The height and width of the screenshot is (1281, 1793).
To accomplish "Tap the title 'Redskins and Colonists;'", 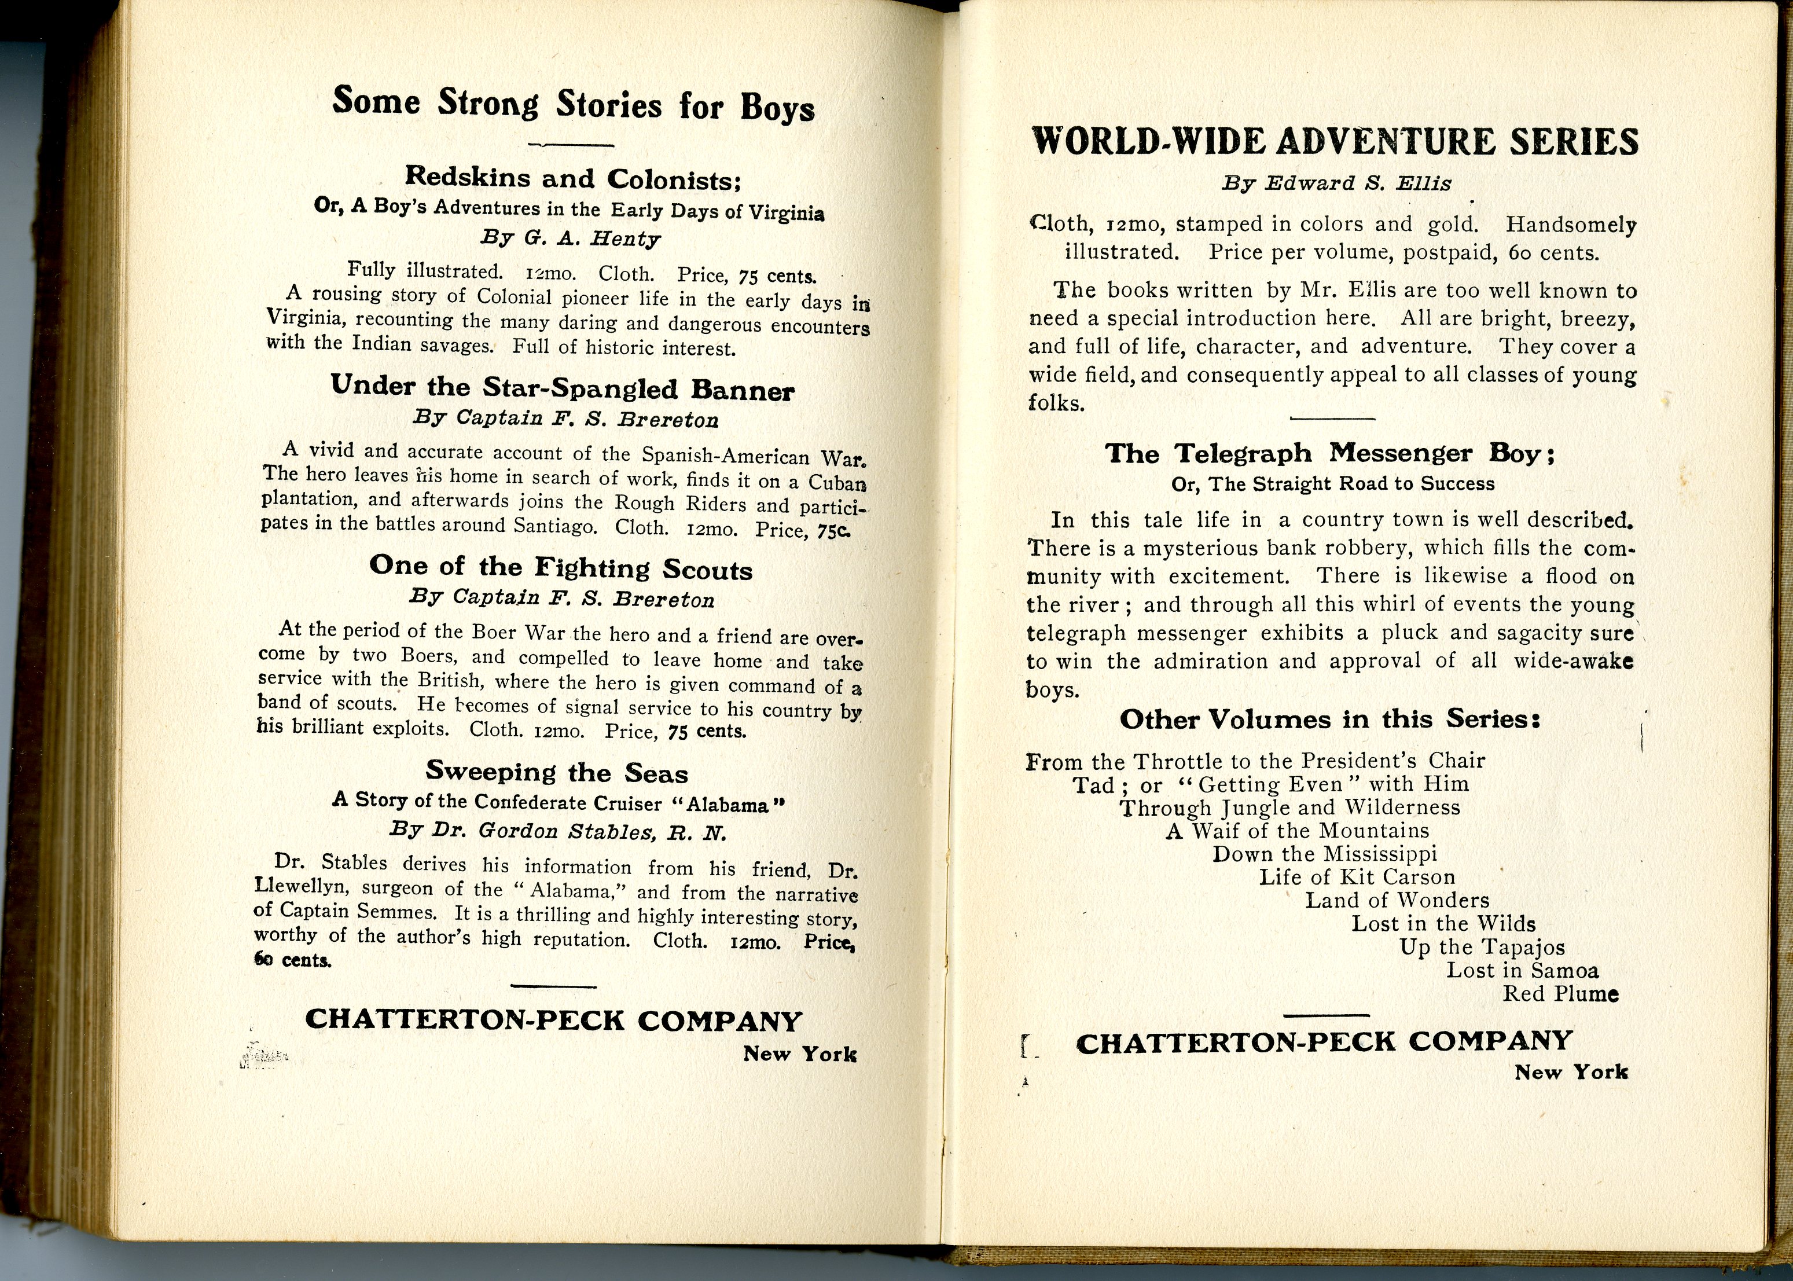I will [x=573, y=178].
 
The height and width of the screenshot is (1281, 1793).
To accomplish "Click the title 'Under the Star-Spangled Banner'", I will [x=562, y=387].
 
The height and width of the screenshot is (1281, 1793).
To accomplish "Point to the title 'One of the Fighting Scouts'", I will [x=561, y=568].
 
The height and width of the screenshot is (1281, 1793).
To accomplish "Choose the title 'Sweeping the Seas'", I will [x=557, y=772].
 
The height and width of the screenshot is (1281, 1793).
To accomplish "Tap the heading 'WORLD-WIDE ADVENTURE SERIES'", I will [x=1335, y=142].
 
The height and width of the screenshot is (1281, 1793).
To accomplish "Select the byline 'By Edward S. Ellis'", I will [x=1336, y=183].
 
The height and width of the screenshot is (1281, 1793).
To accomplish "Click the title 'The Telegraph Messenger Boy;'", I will [x=1329, y=454].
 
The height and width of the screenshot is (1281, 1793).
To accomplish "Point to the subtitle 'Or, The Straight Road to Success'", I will [x=1332, y=483].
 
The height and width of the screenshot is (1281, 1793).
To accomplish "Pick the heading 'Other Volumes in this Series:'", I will [x=1330, y=720].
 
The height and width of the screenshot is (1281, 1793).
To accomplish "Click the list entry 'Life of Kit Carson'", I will [x=1356, y=877].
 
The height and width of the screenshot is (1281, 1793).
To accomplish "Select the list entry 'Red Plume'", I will [x=1560, y=993].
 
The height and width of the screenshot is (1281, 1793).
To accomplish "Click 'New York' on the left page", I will [x=799, y=1054].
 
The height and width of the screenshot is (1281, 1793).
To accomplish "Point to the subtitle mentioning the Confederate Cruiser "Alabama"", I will [x=559, y=802].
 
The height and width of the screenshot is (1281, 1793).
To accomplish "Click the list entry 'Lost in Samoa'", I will [x=1522, y=970].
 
